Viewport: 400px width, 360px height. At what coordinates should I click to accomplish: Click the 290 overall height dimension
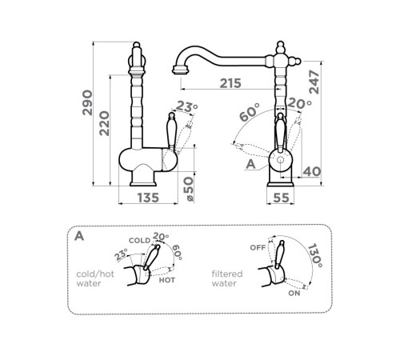pos(87,102)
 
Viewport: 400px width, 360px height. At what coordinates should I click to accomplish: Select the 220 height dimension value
pos(104,123)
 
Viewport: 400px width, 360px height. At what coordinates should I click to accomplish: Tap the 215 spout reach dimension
pos(230,83)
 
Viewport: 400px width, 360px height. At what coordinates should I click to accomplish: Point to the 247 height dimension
pos(314,82)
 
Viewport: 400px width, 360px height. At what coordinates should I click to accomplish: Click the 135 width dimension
pos(148,198)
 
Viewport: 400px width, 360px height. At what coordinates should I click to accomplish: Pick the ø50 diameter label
pos(189,189)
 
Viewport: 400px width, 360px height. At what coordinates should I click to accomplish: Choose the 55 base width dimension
pos(281,198)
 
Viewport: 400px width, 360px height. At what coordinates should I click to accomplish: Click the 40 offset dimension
pos(312,172)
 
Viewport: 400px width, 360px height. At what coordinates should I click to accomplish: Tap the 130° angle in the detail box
pos(314,255)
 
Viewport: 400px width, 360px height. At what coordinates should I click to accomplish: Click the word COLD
pos(139,241)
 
